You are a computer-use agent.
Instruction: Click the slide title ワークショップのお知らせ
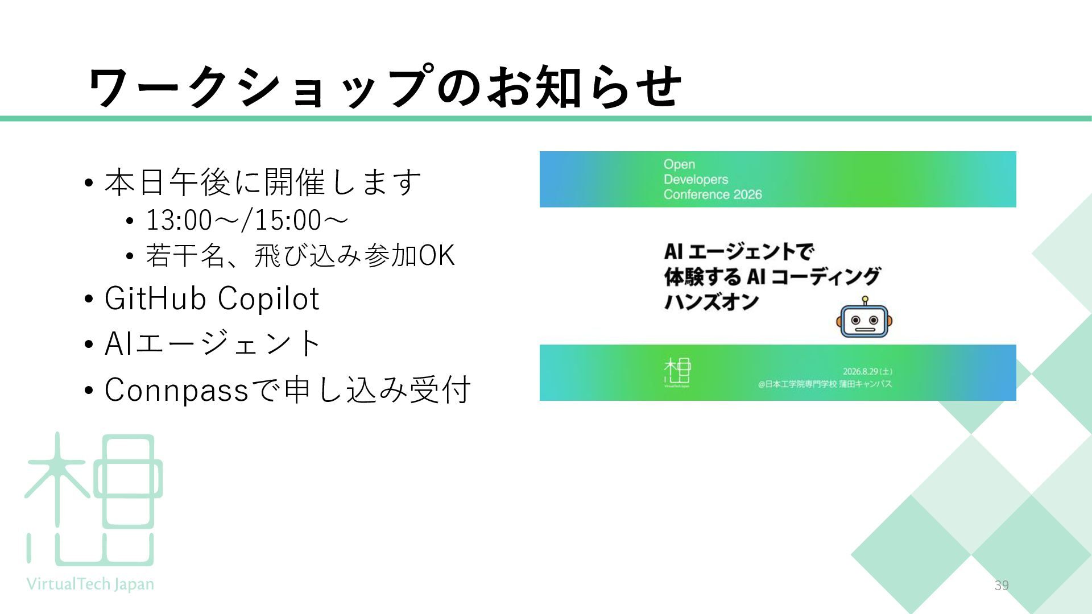click(385, 86)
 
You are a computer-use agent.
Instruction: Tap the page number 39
click(1002, 586)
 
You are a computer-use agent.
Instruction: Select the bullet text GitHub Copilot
click(212, 298)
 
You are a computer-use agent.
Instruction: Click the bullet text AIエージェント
click(213, 343)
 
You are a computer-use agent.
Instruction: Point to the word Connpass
click(177, 391)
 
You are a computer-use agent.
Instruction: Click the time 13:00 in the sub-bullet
click(179, 221)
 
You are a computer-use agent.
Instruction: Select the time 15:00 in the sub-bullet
click(288, 221)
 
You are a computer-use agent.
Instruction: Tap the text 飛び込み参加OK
click(355, 256)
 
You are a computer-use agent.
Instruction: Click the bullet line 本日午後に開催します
click(263, 182)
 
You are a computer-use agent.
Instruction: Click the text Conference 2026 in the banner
click(713, 194)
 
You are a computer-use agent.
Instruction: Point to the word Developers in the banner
click(696, 180)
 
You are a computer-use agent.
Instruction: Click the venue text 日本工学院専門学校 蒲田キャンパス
click(829, 384)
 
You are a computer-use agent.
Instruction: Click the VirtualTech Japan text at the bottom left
click(90, 584)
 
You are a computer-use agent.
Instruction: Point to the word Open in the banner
click(679, 165)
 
